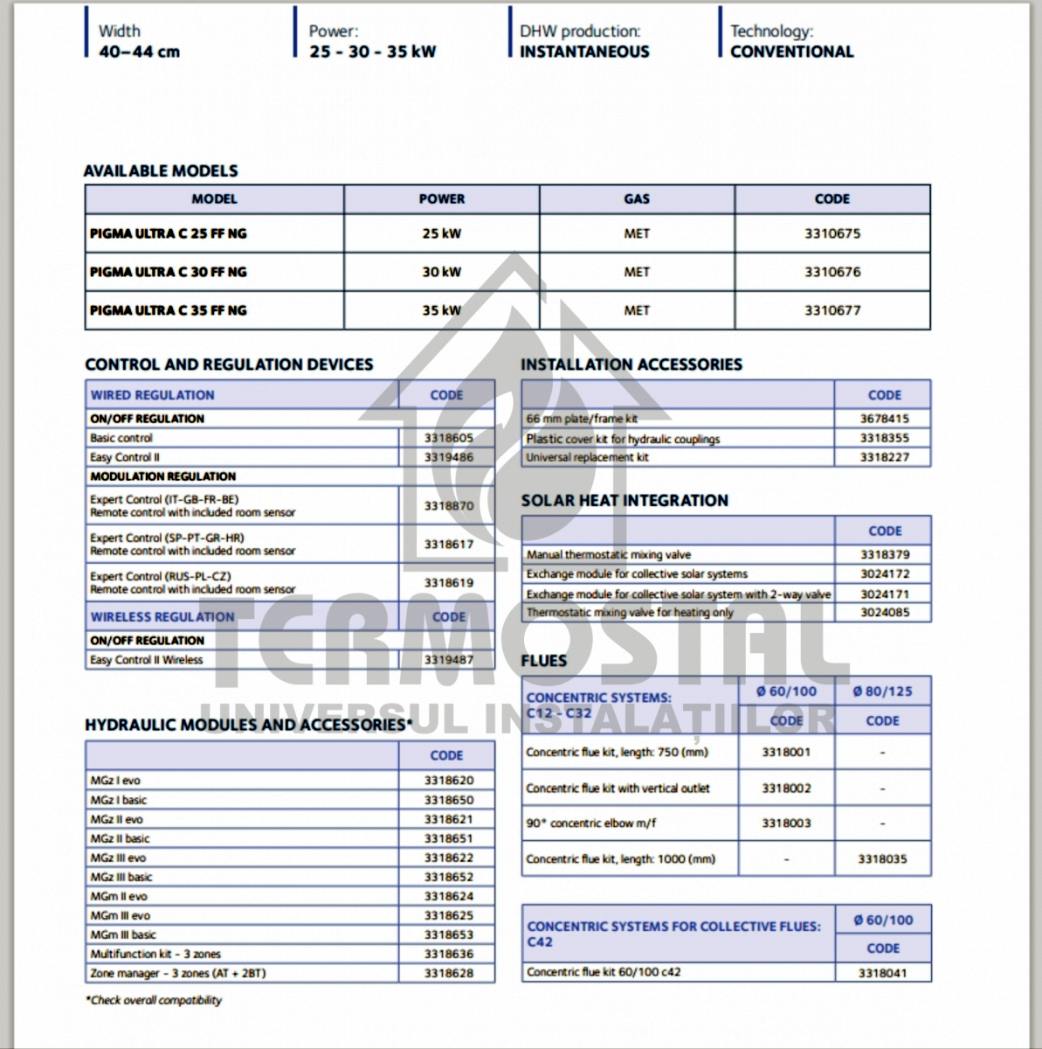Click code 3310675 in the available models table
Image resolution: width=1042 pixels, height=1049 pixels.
(832, 233)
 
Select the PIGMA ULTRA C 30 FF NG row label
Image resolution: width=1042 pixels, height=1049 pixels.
(169, 272)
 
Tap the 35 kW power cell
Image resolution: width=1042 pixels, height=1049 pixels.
(441, 310)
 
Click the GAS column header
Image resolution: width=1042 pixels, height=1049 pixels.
(636, 199)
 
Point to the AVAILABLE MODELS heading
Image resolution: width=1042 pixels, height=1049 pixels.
(161, 170)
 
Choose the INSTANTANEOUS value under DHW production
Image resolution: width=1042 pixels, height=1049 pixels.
(584, 52)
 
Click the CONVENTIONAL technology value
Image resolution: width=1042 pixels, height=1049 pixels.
(791, 52)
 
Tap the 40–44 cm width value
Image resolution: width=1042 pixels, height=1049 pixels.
(140, 52)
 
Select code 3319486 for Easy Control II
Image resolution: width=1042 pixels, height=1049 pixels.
(448, 457)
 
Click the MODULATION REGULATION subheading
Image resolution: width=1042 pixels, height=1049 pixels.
(163, 476)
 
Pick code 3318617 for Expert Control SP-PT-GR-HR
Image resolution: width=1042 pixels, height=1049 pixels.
(448, 545)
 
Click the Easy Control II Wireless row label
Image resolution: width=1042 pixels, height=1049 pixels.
(147, 660)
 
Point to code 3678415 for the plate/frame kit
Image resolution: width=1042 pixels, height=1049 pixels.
(883, 419)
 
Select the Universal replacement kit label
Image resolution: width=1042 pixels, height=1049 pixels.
(587, 457)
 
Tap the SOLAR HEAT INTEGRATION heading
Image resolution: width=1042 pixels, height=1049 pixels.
(625, 501)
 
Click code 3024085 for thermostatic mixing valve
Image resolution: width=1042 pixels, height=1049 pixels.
(884, 613)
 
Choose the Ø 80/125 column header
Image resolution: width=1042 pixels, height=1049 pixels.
(882, 691)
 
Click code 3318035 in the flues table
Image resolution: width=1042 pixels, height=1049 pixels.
(882, 859)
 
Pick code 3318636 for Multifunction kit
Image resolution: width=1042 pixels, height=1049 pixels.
(448, 954)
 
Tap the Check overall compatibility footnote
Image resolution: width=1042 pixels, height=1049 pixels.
(154, 1000)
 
